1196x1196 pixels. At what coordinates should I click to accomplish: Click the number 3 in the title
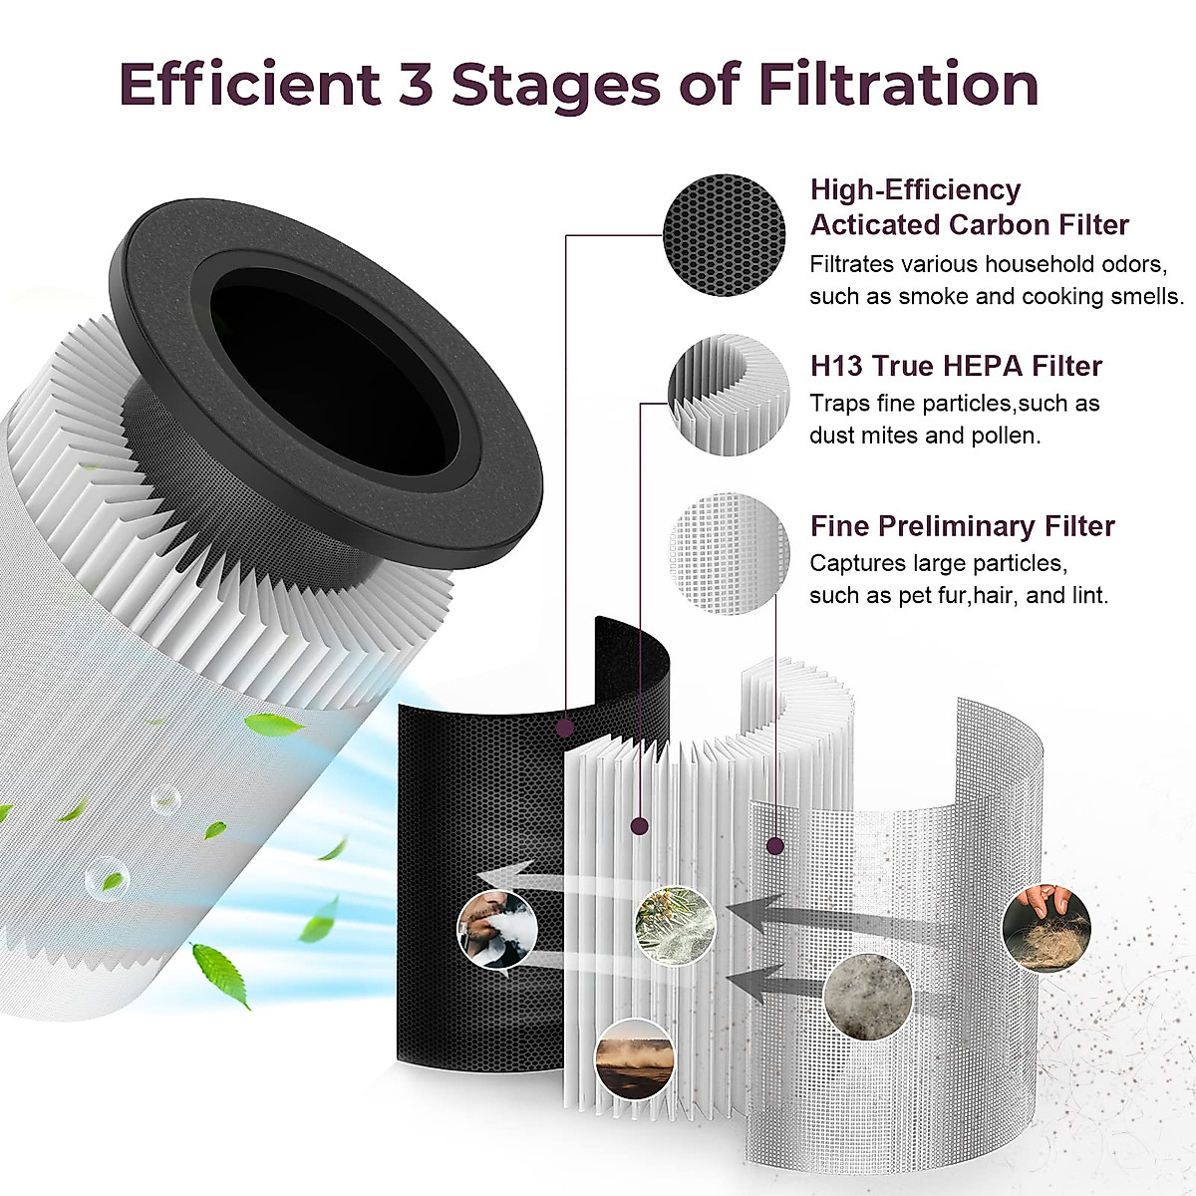tap(413, 84)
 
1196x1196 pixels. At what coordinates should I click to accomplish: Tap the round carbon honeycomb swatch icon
tap(725, 235)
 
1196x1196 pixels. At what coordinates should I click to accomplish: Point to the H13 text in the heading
tap(836, 366)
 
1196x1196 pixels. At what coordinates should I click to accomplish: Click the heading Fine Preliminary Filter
tap(962, 525)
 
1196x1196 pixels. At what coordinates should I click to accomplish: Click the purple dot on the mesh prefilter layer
tap(774, 846)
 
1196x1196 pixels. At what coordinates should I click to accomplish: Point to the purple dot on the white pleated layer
tap(640, 825)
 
